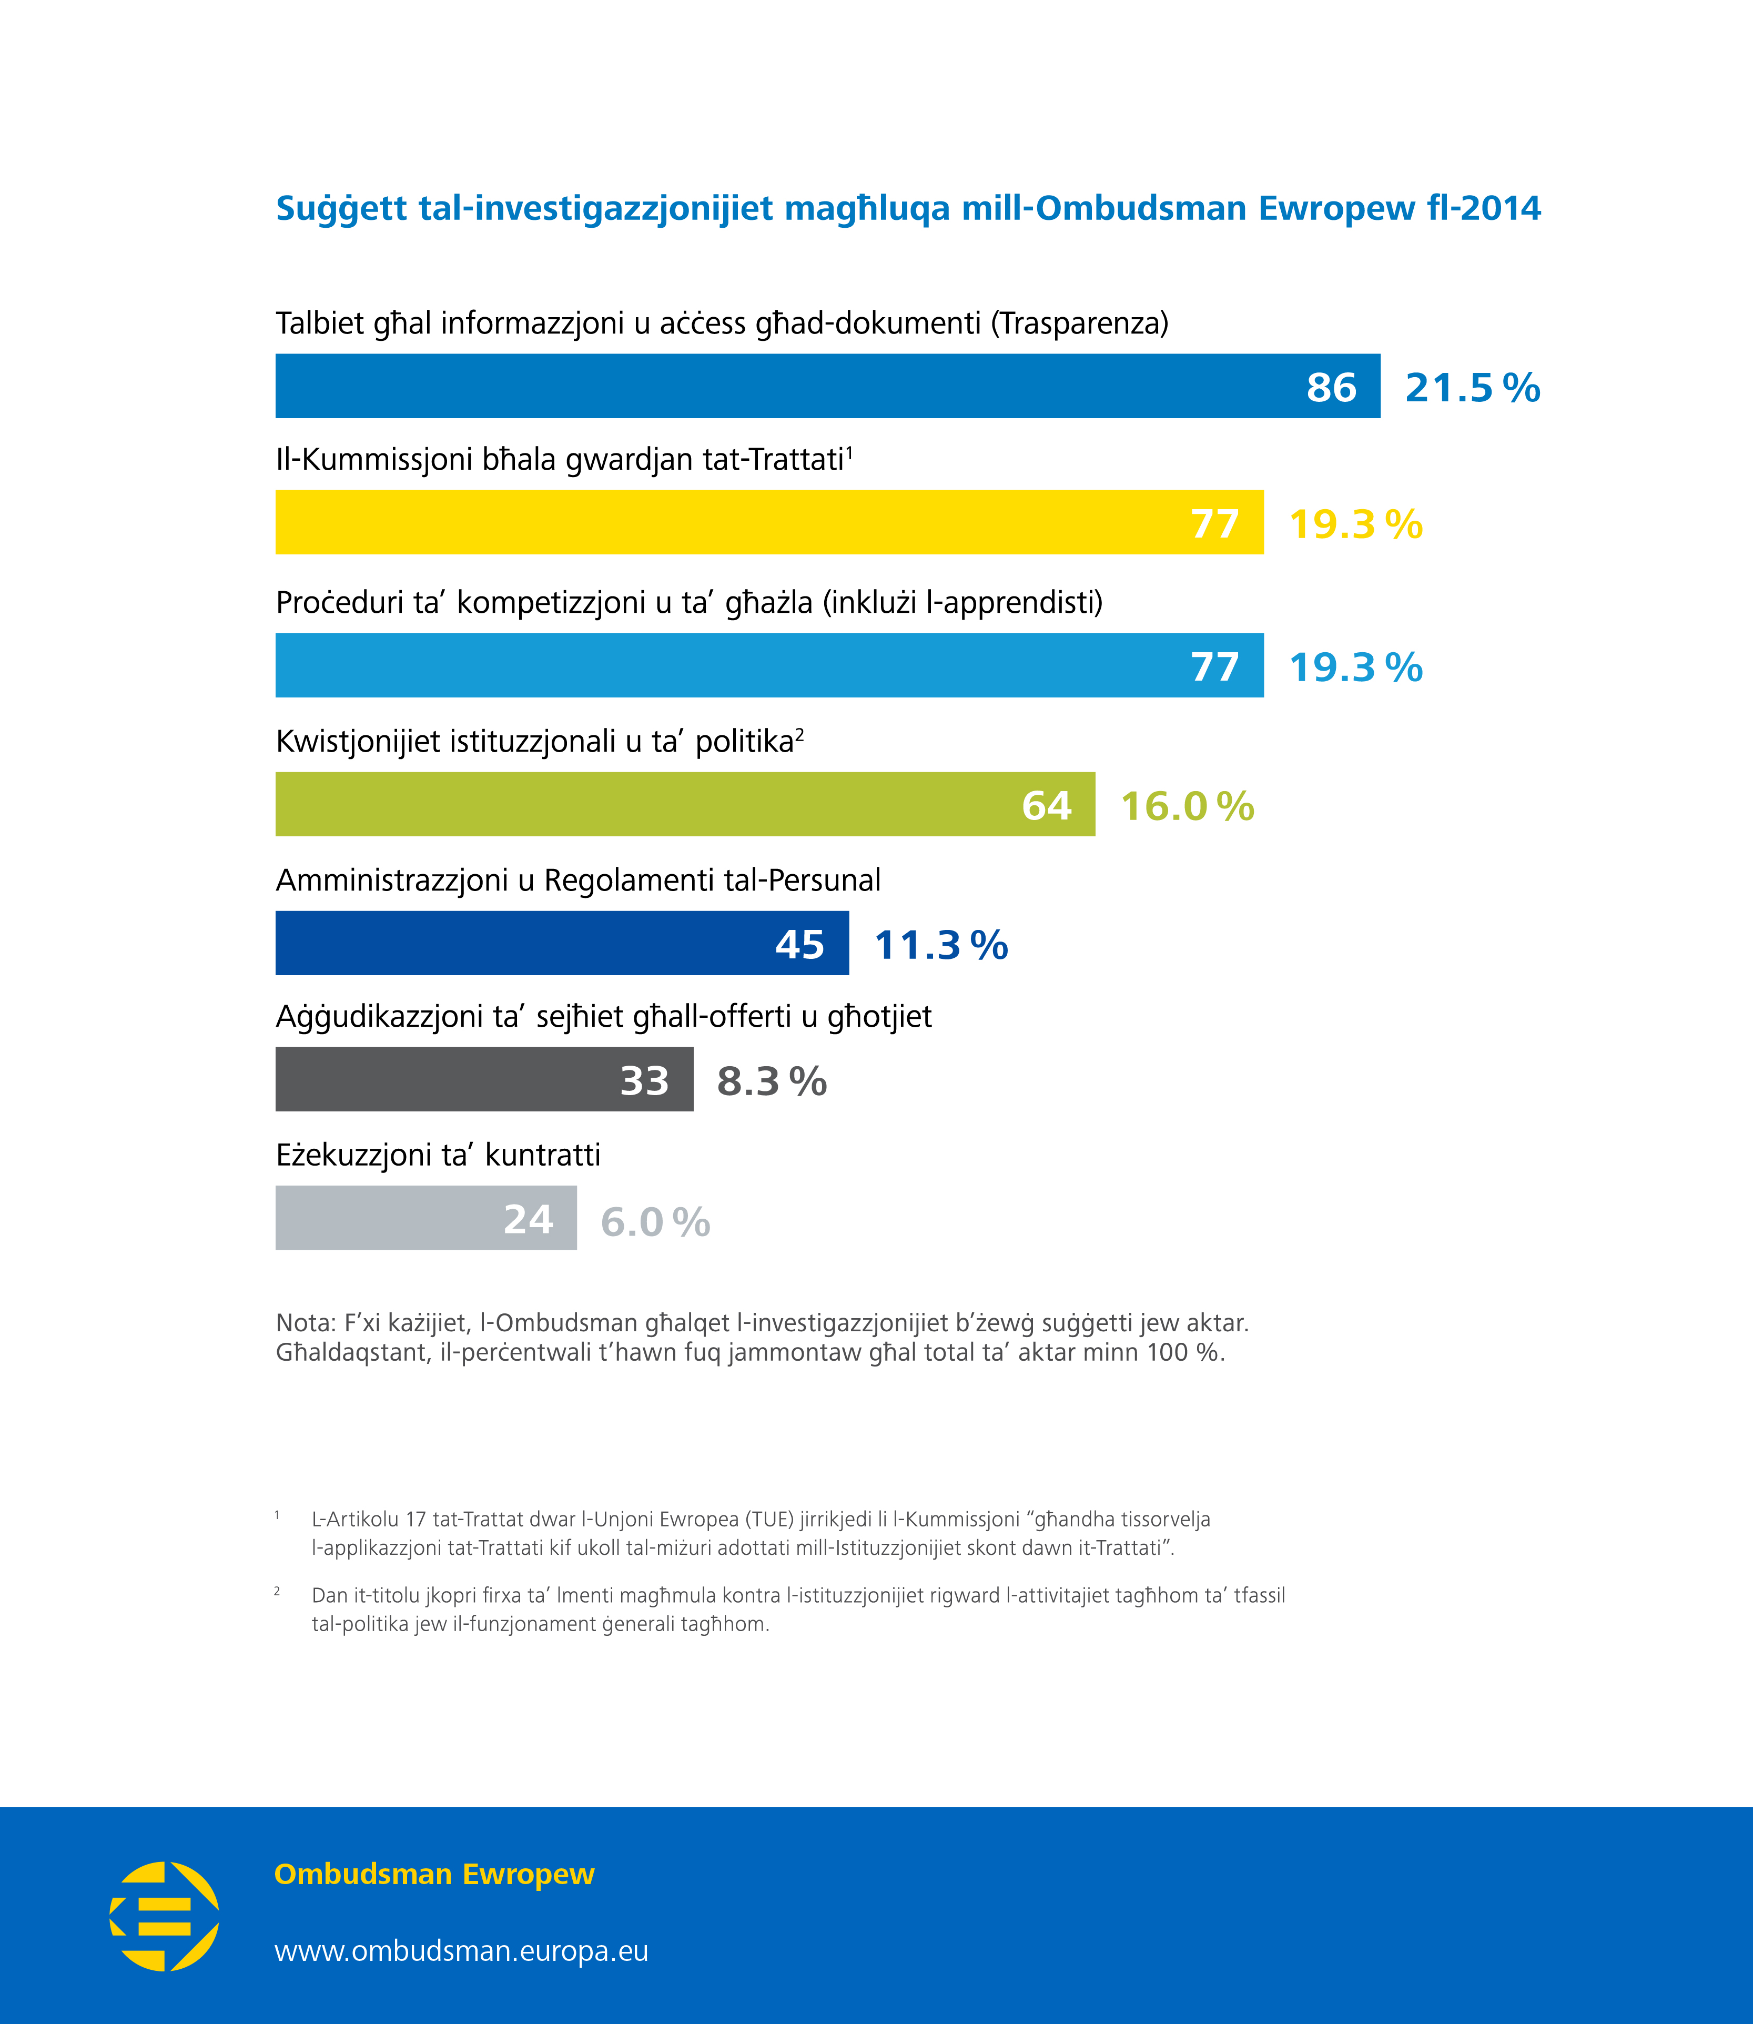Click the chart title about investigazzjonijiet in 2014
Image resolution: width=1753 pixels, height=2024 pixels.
pyautogui.click(x=908, y=208)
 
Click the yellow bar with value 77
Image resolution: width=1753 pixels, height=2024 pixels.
pyautogui.click(x=769, y=522)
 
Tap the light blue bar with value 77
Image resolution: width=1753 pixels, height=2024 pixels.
pyautogui.click(x=769, y=665)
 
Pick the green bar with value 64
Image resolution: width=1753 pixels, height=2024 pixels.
pyautogui.click(x=685, y=804)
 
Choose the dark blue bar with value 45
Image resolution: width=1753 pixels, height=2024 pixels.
pyautogui.click(x=562, y=943)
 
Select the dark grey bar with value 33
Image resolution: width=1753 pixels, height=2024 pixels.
pyautogui.click(x=484, y=1079)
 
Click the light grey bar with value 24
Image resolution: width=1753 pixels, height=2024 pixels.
pyautogui.click(x=425, y=1218)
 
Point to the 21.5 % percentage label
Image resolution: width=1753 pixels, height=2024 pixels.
pyautogui.click(x=1472, y=388)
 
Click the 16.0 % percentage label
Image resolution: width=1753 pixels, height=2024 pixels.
pyautogui.click(x=1187, y=806)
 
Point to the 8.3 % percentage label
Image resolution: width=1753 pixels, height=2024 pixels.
pyautogui.click(x=772, y=1081)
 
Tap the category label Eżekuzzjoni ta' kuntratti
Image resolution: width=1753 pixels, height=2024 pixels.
pyautogui.click(x=438, y=1155)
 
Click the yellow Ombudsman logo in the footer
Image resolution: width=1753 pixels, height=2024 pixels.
pyautogui.click(x=164, y=1916)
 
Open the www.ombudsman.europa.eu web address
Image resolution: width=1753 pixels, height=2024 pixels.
pyautogui.click(x=461, y=1951)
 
